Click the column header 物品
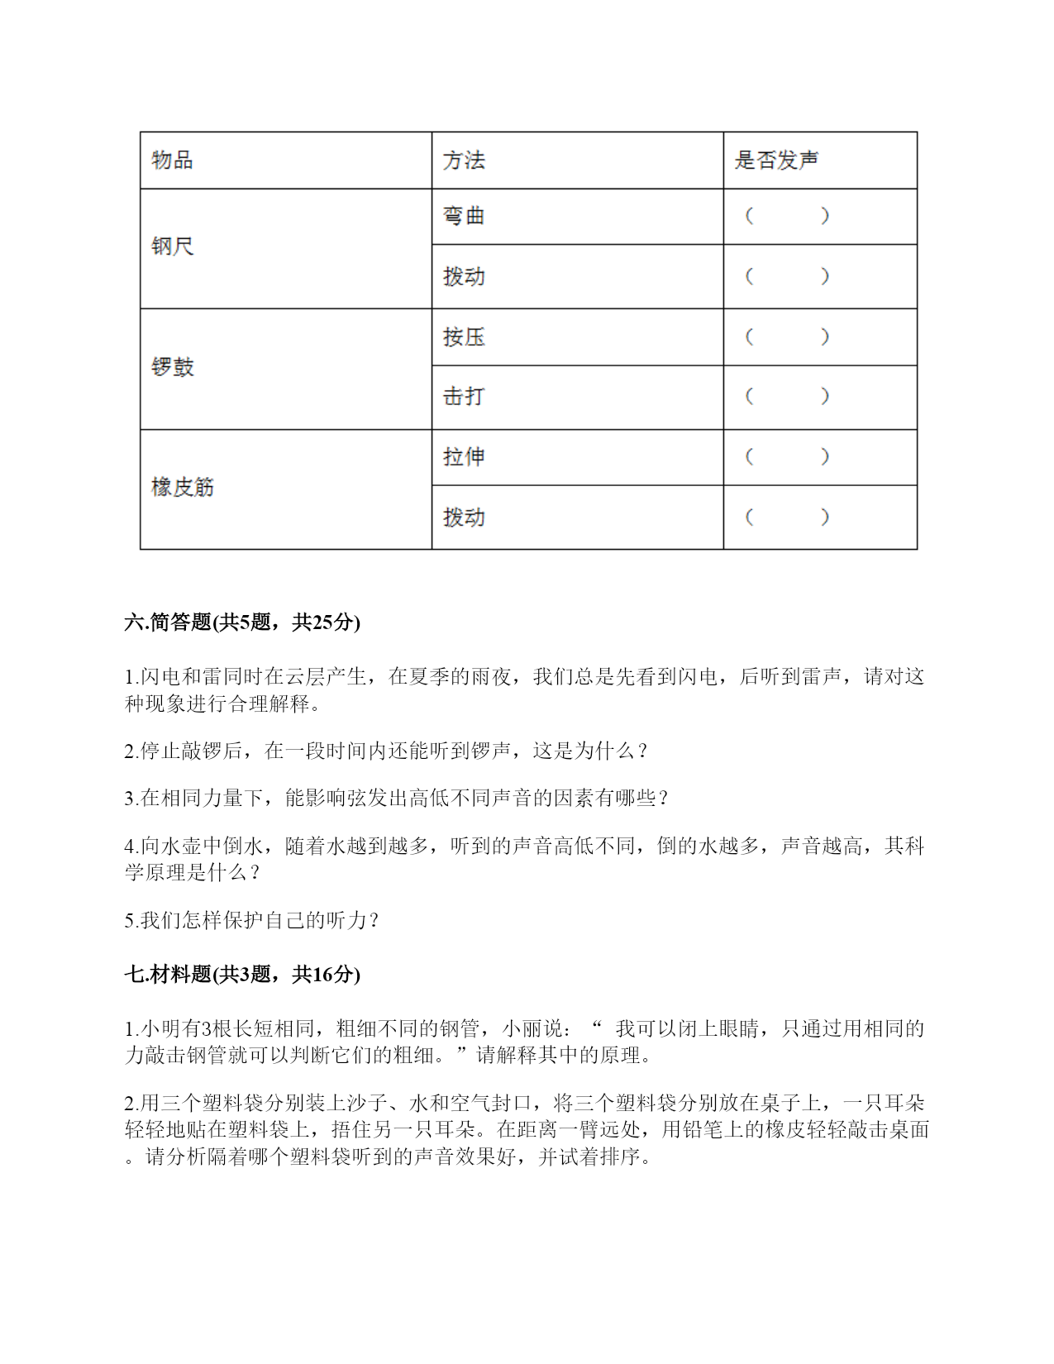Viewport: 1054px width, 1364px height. tap(172, 160)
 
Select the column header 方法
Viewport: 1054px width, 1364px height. tap(464, 160)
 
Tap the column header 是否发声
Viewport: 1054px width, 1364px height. tap(776, 160)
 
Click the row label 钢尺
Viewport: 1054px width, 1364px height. tap(172, 246)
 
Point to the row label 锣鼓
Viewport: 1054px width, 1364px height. tap(172, 367)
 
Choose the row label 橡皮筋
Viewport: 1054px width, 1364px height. tap(182, 487)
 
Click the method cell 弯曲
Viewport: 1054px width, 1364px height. tap(464, 216)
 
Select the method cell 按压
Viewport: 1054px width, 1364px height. tap(464, 336)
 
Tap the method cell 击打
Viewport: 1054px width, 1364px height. tap(464, 396)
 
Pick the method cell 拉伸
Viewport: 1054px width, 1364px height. tap(464, 456)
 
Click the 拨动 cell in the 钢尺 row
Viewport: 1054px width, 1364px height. tap(464, 276)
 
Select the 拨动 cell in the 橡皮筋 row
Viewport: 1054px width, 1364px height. tap(464, 517)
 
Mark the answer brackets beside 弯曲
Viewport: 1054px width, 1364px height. tap(787, 216)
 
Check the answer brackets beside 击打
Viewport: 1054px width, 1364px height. tap(787, 396)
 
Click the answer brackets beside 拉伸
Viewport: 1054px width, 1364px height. tap(787, 456)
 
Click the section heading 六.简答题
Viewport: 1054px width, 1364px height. tap(242, 622)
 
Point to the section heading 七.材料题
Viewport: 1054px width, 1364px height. tap(242, 975)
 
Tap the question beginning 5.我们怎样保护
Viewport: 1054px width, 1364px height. tap(251, 920)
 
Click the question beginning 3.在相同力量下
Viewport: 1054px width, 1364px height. tap(396, 798)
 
